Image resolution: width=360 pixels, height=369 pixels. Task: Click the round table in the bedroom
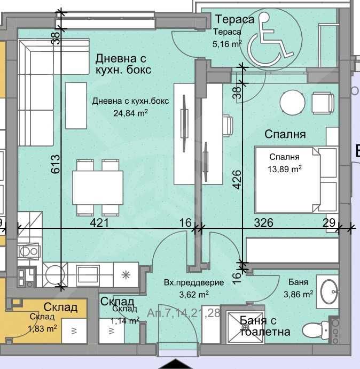pyautogui.click(x=292, y=102)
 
